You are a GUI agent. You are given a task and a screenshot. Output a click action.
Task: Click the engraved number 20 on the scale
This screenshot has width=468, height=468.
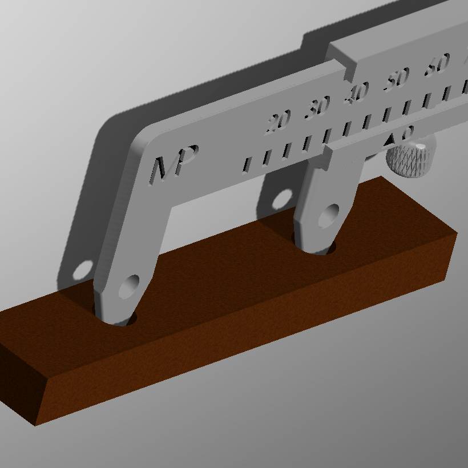278,122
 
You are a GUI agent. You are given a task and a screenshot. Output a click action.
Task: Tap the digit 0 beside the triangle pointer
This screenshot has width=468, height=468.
406,133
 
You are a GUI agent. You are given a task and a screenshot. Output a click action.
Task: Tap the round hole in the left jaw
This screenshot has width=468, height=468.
129,285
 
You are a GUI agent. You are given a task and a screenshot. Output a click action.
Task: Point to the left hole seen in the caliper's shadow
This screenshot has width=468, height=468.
82,270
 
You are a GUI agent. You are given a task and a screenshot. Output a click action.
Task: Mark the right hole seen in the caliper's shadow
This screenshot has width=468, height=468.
281,200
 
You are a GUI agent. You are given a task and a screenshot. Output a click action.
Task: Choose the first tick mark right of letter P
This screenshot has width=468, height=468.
247,164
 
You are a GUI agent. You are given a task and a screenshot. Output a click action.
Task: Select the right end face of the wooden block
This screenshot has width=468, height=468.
450,257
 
